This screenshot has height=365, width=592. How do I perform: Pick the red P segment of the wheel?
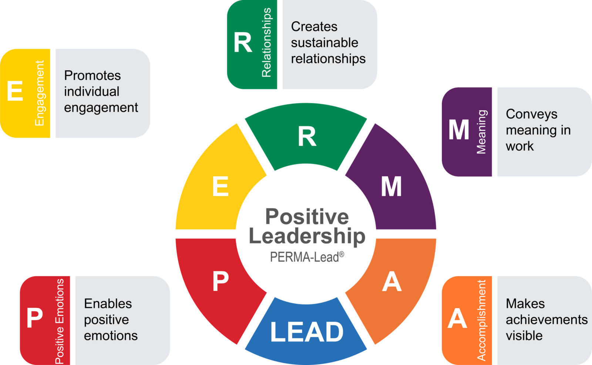pyautogui.click(x=221, y=282)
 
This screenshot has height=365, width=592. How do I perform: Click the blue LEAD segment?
pyautogui.click(x=306, y=332)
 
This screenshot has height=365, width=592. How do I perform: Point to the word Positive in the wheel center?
pyautogui.click(x=307, y=216)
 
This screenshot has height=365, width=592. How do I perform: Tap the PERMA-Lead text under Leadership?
pyautogui.click(x=307, y=256)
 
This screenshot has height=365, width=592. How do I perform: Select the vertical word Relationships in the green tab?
pyautogui.click(x=266, y=43)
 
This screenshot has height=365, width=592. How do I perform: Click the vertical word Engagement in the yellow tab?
pyautogui.click(x=39, y=93)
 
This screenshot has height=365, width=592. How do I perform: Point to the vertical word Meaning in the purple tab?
pyautogui.click(x=481, y=132)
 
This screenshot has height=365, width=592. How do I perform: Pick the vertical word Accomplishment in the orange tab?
pyautogui.click(x=481, y=320)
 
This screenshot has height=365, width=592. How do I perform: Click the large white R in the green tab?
pyautogui.click(x=243, y=43)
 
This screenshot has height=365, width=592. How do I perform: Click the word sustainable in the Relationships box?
pyautogui.click(x=324, y=43)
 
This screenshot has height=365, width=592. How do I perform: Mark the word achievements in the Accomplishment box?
pyautogui.click(x=546, y=319)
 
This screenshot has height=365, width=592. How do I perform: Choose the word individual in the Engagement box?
pyautogui.click(x=92, y=91)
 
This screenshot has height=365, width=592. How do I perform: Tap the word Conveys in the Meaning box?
pyautogui.click(x=531, y=114)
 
